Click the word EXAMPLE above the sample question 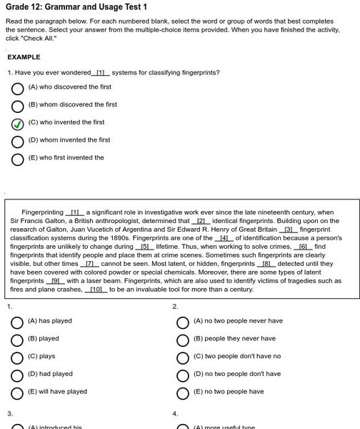click(x=24, y=56)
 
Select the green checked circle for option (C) click(x=18, y=124)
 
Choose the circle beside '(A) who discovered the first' click(x=18, y=88)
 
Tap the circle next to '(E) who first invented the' click(x=18, y=159)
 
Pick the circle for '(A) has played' click(x=17, y=322)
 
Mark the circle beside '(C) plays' click(x=17, y=357)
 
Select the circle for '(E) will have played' click(x=17, y=393)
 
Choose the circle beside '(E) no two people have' click(x=183, y=393)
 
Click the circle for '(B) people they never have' click(x=183, y=340)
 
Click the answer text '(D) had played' click(x=50, y=374)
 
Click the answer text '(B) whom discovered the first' click(x=72, y=104)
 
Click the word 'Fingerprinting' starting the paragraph click(x=42, y=212)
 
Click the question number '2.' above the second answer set click(x=175, y=307)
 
